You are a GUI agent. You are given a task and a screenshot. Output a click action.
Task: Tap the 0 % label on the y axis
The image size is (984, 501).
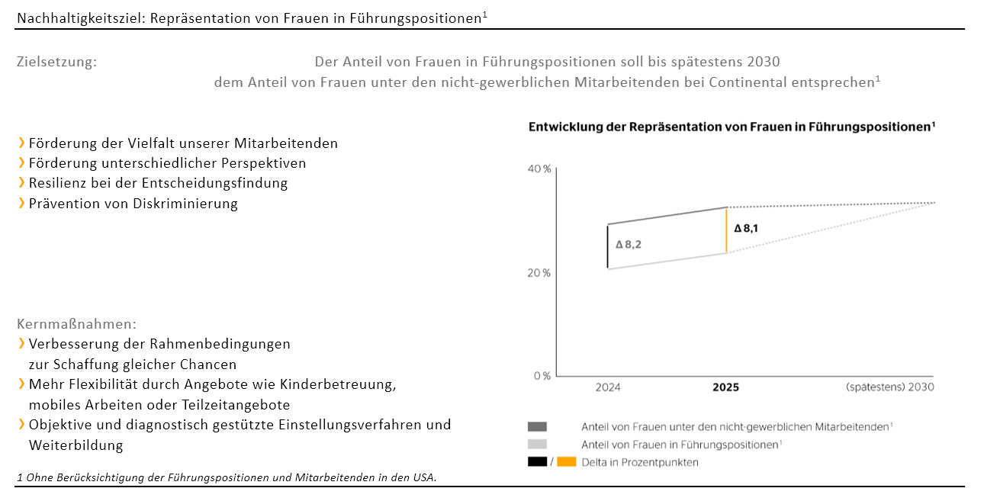(x=541, y=376)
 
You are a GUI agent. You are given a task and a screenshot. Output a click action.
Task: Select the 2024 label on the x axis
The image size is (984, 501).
(x=608, y=387)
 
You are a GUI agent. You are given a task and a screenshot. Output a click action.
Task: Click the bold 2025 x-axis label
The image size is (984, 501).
(x=725, y=387)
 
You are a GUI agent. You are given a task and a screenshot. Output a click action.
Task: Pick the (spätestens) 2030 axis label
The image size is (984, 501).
(x=889, y=387)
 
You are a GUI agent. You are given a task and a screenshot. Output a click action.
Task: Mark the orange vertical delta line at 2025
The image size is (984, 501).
(x=726, y=230)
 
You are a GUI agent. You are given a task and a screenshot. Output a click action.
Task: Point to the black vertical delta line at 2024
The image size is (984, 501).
(x=608, y=246)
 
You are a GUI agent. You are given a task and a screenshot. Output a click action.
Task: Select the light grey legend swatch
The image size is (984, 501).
(x=537, y=445)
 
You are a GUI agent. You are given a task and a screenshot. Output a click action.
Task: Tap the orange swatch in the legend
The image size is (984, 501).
(x=567, y=462)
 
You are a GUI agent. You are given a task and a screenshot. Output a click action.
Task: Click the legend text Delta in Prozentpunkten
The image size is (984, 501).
(x=639, y=462)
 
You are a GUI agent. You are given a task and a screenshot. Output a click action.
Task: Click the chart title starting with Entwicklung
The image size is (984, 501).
(x=732, y=127)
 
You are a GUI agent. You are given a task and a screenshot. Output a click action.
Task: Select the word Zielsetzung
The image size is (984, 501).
(x=56, y=63)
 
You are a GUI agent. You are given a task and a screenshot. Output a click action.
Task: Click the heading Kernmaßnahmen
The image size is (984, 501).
(x=76, y=324)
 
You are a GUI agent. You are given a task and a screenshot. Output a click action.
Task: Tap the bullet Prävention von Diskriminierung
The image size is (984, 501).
(x=133, y=204)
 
